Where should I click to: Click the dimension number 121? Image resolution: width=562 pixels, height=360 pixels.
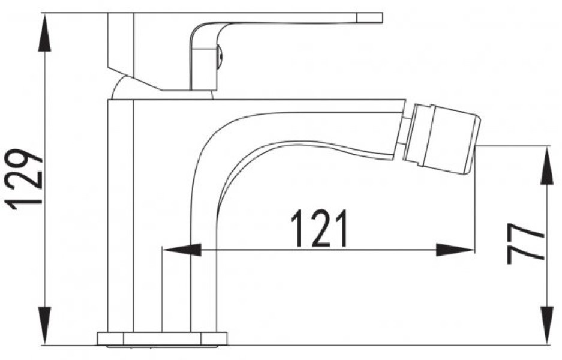tap(319, 229)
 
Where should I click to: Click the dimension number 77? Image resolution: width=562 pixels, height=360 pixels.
tap(526, 243)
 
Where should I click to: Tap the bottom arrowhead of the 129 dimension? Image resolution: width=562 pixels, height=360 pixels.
tap(44, 326)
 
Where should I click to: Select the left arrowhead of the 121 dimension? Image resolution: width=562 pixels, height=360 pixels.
tap(182, 250)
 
